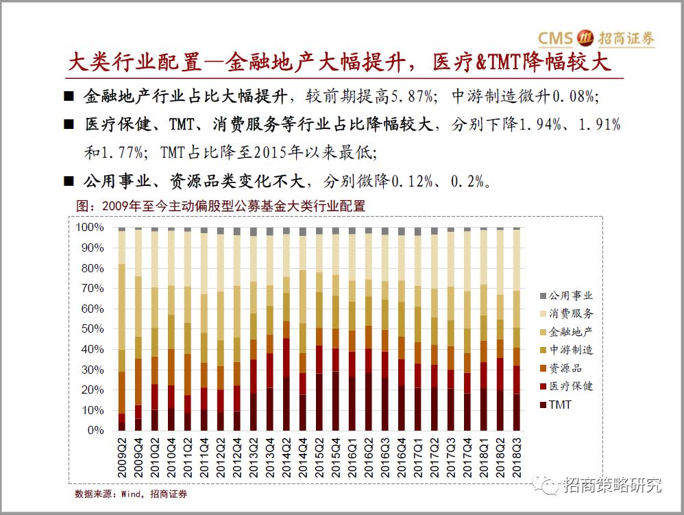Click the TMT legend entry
tap(559, 405)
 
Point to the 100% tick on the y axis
tap(90, 227)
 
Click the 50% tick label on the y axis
tap(93, 329)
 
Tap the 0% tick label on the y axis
tap(95, 431)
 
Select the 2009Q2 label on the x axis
tap(122, 459)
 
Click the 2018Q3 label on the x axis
tap(517, 459)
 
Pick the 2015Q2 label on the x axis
tap(319, 459)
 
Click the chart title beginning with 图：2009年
tap(219, 206)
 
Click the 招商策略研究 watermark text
tap(612, 486)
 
